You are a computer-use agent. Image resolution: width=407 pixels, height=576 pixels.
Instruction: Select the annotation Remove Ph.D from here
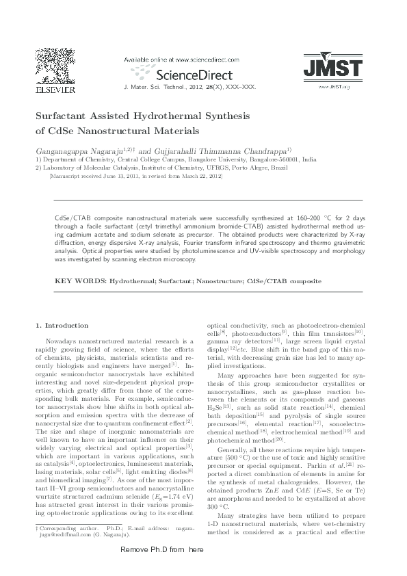point(162,569)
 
